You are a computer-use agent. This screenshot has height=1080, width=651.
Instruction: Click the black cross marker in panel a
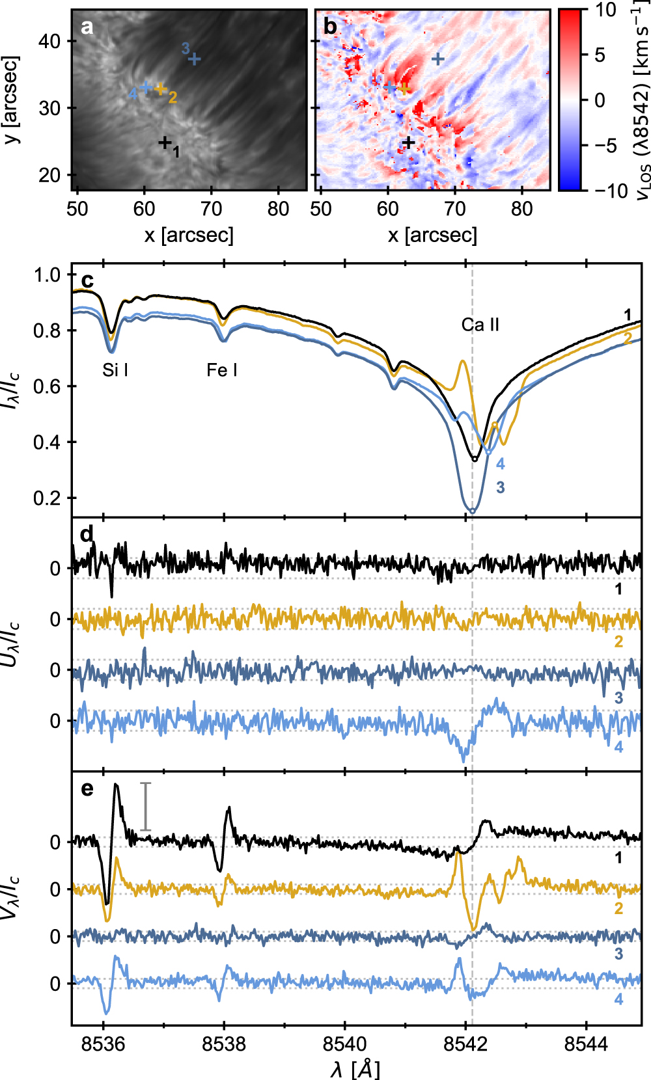(x=165, y=142)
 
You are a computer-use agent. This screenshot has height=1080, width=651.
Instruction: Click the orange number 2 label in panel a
(x=173, y=98)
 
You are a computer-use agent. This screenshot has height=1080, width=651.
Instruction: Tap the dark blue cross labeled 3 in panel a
(x=194, y=59)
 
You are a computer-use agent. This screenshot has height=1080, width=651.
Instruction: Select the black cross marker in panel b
(x=409, y=142)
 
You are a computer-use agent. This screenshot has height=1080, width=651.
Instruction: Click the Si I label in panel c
(x=115, y=370)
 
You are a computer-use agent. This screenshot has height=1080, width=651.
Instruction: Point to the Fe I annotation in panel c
(x=222, y=370)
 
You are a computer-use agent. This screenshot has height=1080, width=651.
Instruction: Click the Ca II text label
(x=480, y=325)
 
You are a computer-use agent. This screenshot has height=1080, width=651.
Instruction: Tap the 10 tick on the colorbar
(x=605, y=10)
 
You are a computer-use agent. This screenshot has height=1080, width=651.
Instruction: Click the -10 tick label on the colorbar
(x=610, y=191)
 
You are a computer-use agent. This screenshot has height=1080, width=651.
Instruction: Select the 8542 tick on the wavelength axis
(x=465, y=1044)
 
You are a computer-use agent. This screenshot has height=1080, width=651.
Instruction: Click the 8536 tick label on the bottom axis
(x=103, y=1044)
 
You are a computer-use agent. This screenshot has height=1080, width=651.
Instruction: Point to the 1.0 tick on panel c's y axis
(x=47, y=275)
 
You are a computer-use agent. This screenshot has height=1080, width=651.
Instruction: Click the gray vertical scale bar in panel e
(x=146, y=806)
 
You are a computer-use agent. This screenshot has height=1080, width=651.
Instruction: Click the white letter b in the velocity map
(x=330, y=27)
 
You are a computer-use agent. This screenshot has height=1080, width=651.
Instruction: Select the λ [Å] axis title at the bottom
(x=355, y=1068)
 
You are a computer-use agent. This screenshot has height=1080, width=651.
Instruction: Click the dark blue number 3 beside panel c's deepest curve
(x=500, y=487)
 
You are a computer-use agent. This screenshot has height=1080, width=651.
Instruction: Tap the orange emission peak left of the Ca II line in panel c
(x=463, y=362)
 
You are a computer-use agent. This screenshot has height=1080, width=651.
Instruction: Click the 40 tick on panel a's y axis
(x=49, y=41)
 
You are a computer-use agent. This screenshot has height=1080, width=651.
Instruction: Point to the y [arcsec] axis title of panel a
(x=11, y=100)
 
